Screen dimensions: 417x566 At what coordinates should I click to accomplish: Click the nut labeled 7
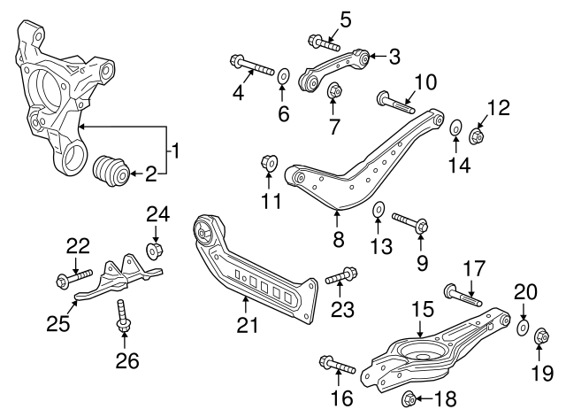pos(335,90)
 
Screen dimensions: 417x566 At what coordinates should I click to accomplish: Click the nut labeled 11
pos(269,163)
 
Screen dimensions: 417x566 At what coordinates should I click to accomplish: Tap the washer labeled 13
pos(378,211)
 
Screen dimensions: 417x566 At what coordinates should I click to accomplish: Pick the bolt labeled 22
pos(74,280)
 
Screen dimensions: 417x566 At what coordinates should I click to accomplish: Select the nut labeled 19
pos(541,336)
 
